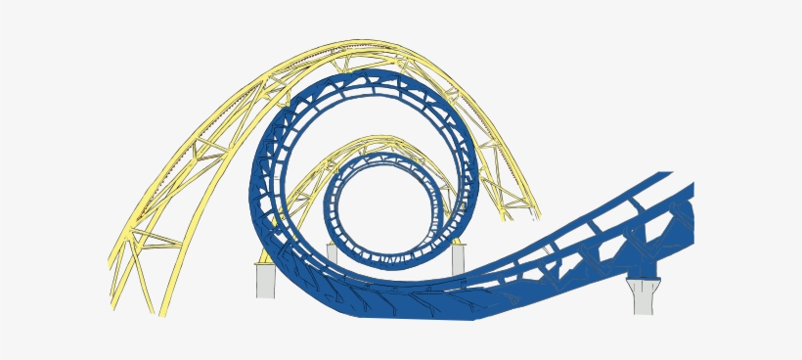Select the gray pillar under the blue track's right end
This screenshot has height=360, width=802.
(642, 297)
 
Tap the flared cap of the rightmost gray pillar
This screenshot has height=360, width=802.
(642, 285)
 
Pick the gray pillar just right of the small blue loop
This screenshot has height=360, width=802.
(459, 259)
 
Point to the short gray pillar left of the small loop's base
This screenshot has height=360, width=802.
(332, 253)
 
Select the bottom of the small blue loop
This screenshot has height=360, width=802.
(381, 262)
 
